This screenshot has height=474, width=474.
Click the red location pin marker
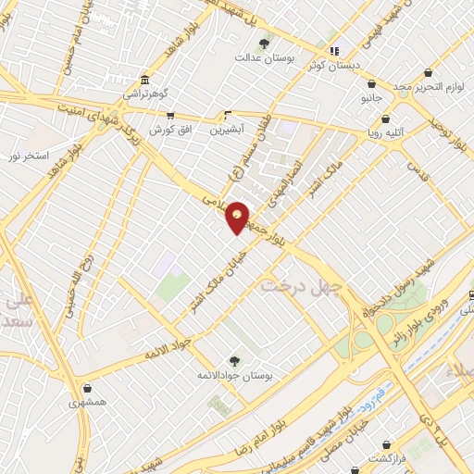(238, 217)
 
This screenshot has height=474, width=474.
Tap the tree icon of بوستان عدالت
(264, 44)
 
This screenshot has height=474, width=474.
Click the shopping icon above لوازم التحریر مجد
(428, 72)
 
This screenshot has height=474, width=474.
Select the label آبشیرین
(228, 131)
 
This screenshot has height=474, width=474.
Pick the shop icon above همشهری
(86, 389)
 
